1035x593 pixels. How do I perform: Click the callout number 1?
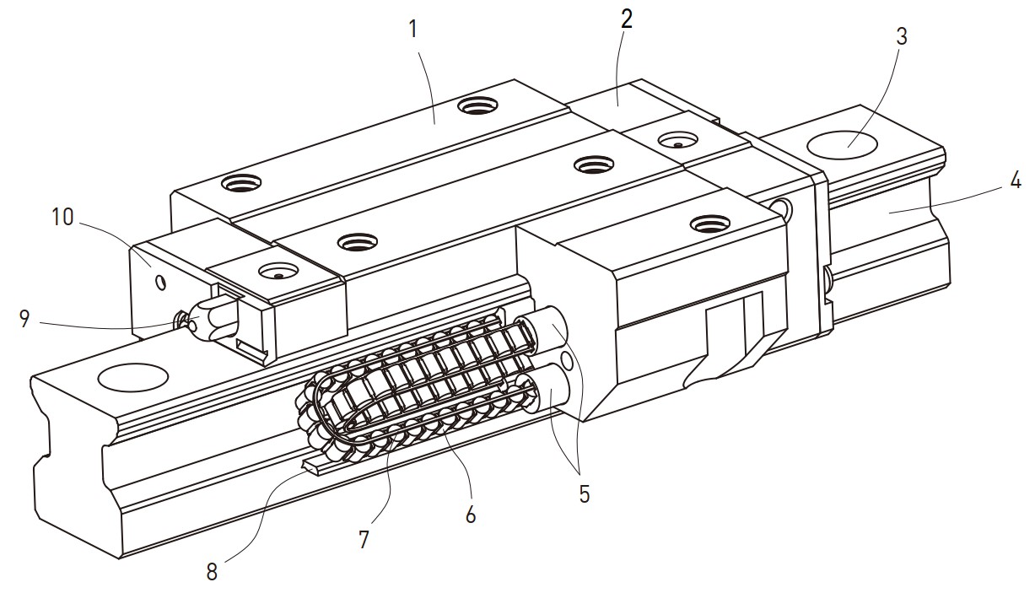(413, 30)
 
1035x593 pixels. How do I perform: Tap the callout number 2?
(625, 21)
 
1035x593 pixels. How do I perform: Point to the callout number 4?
(1016, 180)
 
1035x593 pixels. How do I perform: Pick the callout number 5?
(584, 494)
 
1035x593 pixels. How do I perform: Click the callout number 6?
(471, 514)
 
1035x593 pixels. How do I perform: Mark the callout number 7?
(364, 540)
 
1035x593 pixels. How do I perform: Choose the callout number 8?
(212, 572)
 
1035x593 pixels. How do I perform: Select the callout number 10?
(63, 217)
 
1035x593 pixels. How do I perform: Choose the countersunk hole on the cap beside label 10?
(278, 272)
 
